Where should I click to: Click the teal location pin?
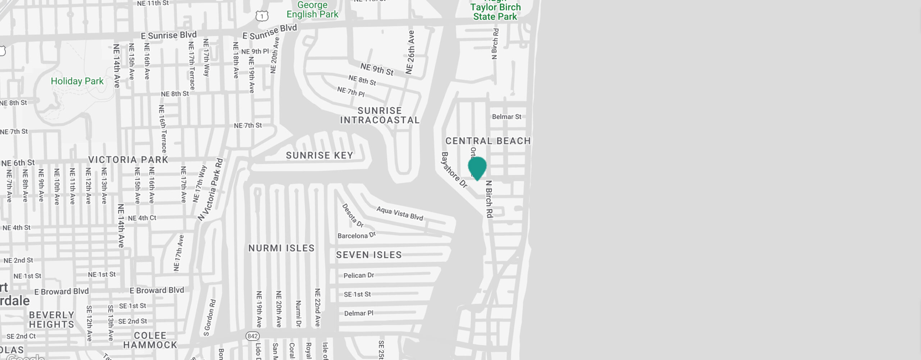click(477, 168)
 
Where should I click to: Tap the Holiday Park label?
click(77, 81)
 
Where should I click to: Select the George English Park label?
click(312, 10)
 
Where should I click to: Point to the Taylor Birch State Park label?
click(495, 12)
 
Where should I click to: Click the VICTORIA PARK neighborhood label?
click(128, 160)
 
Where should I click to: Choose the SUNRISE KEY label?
click(319, 155)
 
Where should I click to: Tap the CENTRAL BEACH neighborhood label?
click(488, 141)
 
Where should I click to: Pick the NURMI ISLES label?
click(281, 248)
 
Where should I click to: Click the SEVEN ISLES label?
click(369, 255)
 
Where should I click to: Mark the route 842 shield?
click(253, 336)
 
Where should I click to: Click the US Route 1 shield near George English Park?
click(262, 16)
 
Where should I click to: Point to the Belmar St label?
click(507, 117)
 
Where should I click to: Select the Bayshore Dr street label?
click(454, 170)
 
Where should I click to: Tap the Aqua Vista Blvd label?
click(400, 213)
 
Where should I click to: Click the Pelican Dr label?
click(359, 275)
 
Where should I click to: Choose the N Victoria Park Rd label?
click(211, 190)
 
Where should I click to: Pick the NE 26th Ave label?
click(410, 53)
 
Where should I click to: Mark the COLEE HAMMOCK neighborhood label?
click(150, 340)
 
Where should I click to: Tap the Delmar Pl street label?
click(359, 313)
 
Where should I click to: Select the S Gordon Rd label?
click(210, 318)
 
